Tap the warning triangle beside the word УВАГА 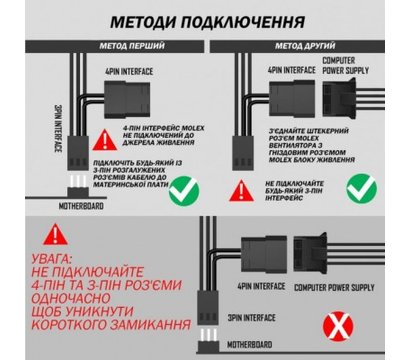pos(45,238)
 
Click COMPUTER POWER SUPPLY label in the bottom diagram pos(347,288)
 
